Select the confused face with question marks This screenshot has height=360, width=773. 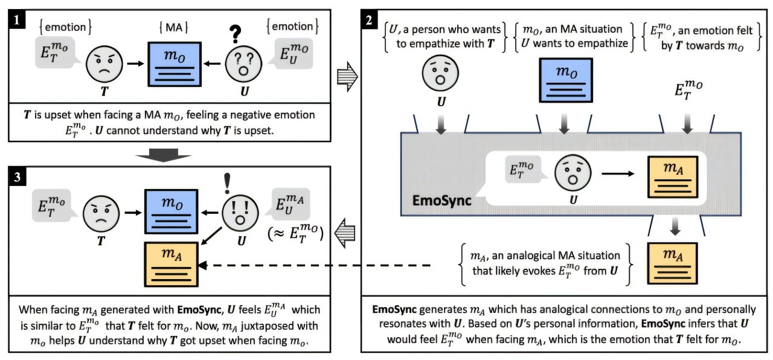point(241,64)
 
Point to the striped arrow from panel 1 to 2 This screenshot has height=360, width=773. point(347,80)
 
